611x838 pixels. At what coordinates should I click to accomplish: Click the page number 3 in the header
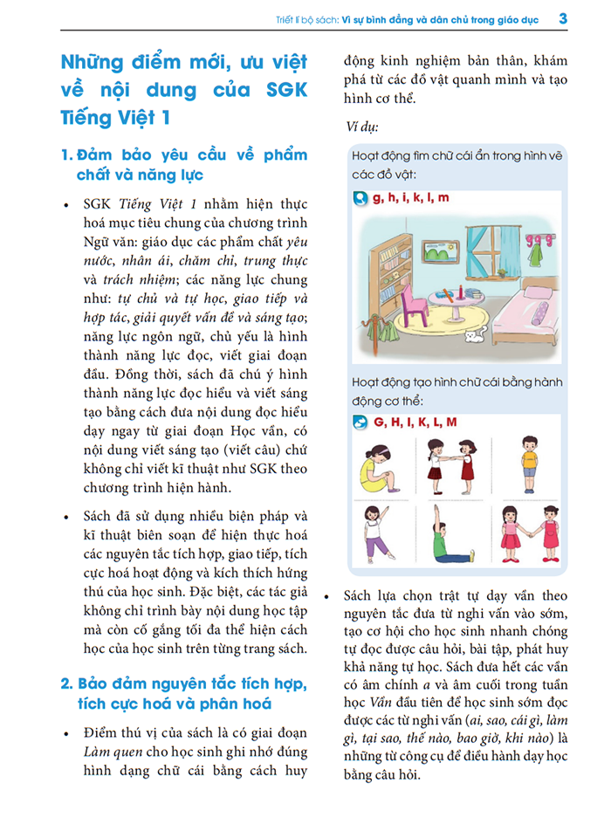[562, 17]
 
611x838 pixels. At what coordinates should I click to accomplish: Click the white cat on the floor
[472, 337]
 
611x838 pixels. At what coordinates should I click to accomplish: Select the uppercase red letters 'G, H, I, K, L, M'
[415, 422]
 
